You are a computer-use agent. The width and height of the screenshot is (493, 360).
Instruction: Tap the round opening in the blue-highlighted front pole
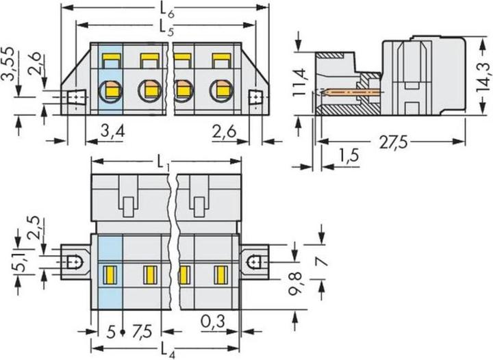pos(110,89)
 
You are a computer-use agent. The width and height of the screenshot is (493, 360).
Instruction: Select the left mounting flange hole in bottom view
pos(74,261)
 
